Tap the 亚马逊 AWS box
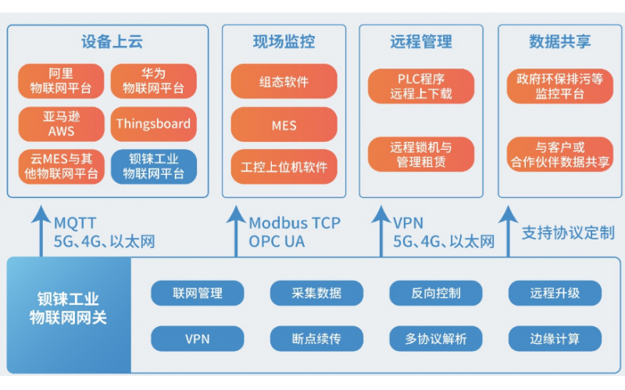pos(61,123)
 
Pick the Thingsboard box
pos(153,123)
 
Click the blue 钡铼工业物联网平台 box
pos(153,166)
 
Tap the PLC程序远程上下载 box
pos(421,86)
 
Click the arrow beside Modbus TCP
pos(235,229)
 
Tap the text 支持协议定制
pos(567,232)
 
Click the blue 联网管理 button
pos(198,293)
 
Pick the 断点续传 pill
pos(305,339)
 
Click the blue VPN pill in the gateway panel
pos(198,339)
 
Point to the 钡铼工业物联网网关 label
pos(68,308)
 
